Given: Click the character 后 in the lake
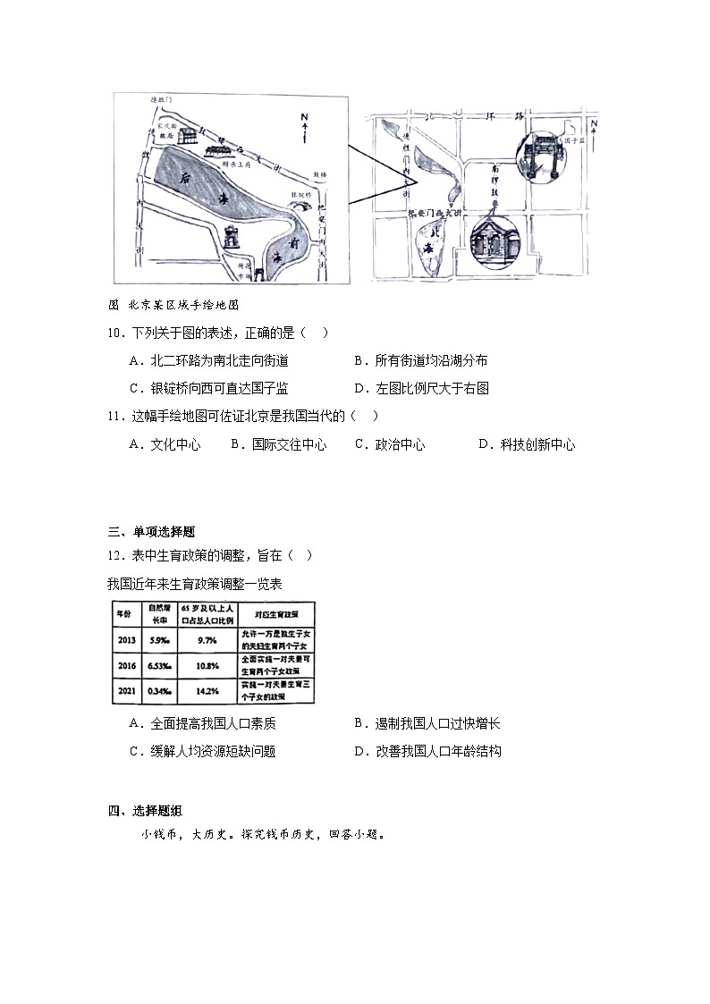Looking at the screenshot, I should click(186, 177).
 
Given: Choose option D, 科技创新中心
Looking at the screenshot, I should click(527, 444).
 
